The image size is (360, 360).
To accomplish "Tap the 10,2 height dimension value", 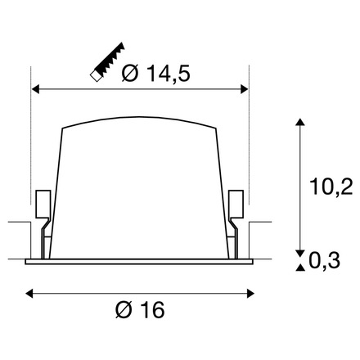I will point(333,188).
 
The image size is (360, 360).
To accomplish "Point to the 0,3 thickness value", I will point(327,260).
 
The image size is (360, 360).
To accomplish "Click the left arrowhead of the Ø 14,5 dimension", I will point(35,87).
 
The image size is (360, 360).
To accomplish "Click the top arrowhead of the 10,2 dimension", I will point(301,124).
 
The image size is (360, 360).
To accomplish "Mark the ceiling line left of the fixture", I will point(16,220).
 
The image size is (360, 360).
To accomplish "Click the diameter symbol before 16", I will point(122,311).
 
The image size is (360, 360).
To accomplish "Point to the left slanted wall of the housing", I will point(56,188).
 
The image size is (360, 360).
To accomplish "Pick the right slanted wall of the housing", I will point(223,188).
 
